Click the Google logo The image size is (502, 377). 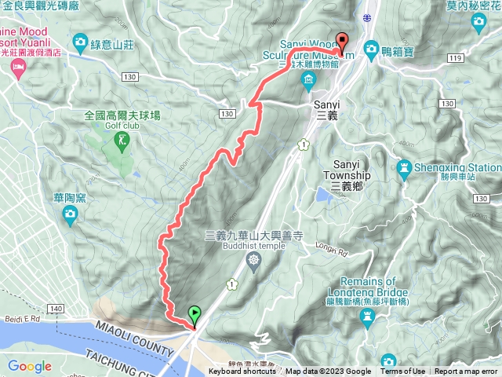pos(29,366)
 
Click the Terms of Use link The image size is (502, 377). pos(402,372)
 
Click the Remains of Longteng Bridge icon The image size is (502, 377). pos(367,316)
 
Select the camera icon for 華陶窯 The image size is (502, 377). pos(70,213)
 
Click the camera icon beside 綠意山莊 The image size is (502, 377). pos(80,41)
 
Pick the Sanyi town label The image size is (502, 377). pos(326,108)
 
